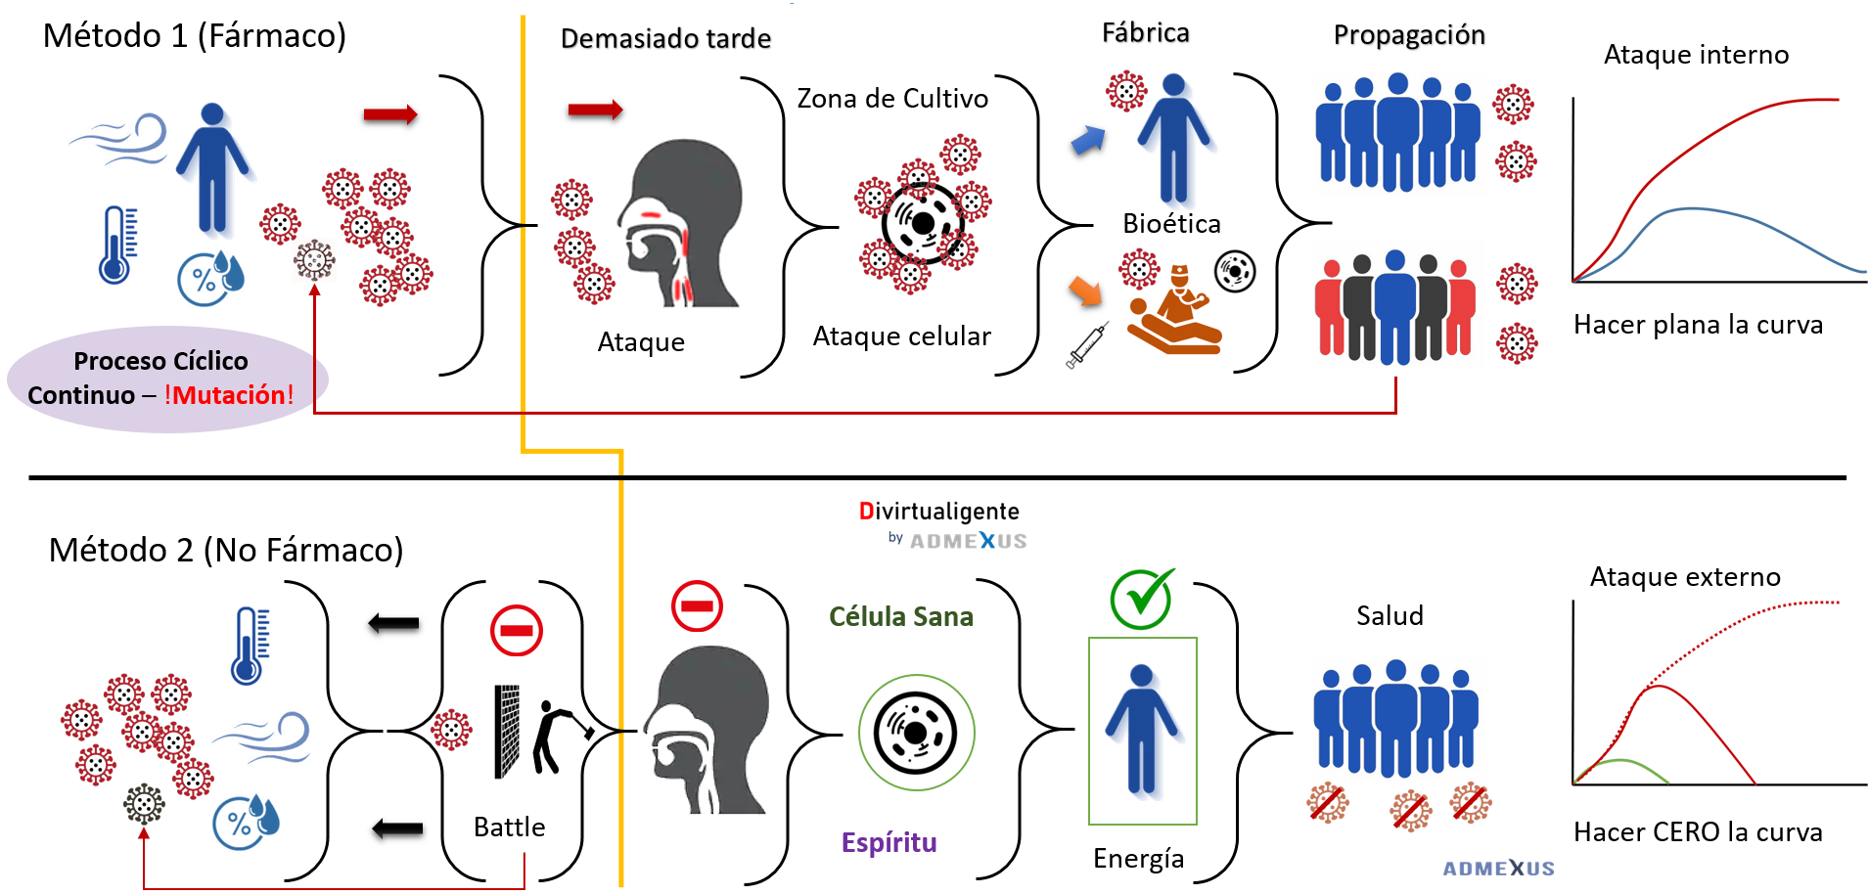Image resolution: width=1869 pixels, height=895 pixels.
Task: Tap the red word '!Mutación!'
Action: [x=230, y=395]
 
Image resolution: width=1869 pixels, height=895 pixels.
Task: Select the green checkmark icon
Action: [x=1142, y=598]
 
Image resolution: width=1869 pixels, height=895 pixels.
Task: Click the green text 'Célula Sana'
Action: [x=900, y=616]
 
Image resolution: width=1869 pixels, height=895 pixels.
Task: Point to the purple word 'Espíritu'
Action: [x=889, y=842]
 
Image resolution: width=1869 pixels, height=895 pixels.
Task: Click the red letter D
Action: [x=867, y=511]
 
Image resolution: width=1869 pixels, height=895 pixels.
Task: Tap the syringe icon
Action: [x=1087, y=344]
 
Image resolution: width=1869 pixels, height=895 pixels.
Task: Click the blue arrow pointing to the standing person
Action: [x=1088, y=140]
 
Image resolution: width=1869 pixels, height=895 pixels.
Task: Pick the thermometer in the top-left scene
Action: [x=116, y=245]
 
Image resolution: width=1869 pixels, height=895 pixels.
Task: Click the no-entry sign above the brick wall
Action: [x=517, y=630]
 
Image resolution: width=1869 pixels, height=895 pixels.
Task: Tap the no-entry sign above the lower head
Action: [x=697, y=605]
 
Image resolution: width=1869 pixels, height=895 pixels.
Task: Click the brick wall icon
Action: [x=507, y=731]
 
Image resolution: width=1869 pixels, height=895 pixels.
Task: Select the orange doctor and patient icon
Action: [x=1174, y=309]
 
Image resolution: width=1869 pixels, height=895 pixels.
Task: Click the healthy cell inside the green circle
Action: [x=917, y=732]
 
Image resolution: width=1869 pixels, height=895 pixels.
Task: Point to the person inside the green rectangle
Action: [x=1142, y=730]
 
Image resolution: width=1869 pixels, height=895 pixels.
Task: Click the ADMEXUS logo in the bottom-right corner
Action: [x=1498, y=868]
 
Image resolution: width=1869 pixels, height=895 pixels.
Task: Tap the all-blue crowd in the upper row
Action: [x=1399, y=134]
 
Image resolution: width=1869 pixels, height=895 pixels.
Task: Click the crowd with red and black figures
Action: [x=1395, y=306]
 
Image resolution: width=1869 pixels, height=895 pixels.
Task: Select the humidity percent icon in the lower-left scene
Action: [x=246, y=821]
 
